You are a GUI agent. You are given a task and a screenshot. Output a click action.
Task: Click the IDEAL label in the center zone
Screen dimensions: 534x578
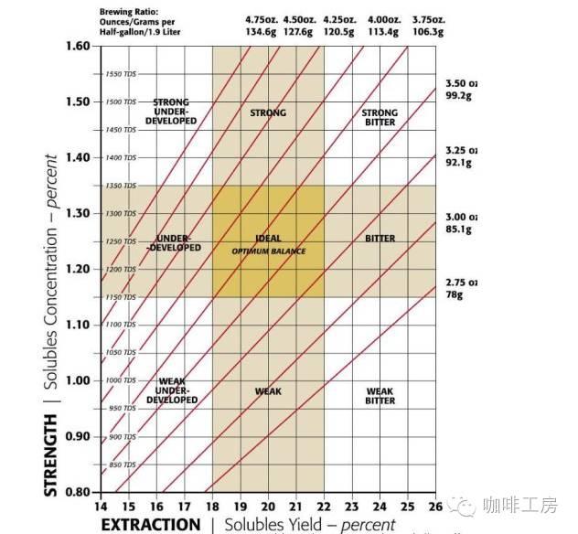coord(268,240)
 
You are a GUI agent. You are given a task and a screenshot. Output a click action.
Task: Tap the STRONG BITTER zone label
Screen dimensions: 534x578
coord(380,117)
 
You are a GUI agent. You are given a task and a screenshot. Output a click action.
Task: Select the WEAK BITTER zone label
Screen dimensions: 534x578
coord(380,396)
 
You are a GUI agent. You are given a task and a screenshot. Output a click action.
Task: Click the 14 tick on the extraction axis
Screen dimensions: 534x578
coord(102,506)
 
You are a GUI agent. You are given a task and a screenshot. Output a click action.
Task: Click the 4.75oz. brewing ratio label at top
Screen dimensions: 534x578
coord(262,19)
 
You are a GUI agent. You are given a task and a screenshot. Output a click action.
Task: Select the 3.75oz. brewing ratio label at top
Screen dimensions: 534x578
coord(428,19)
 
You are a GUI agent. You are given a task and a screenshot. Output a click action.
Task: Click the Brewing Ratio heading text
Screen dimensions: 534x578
coord(129,10)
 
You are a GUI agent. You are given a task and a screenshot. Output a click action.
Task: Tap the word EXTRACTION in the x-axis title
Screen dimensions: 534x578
coord(150,524)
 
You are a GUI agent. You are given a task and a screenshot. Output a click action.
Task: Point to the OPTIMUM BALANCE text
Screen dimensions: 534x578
coord(268,251)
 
